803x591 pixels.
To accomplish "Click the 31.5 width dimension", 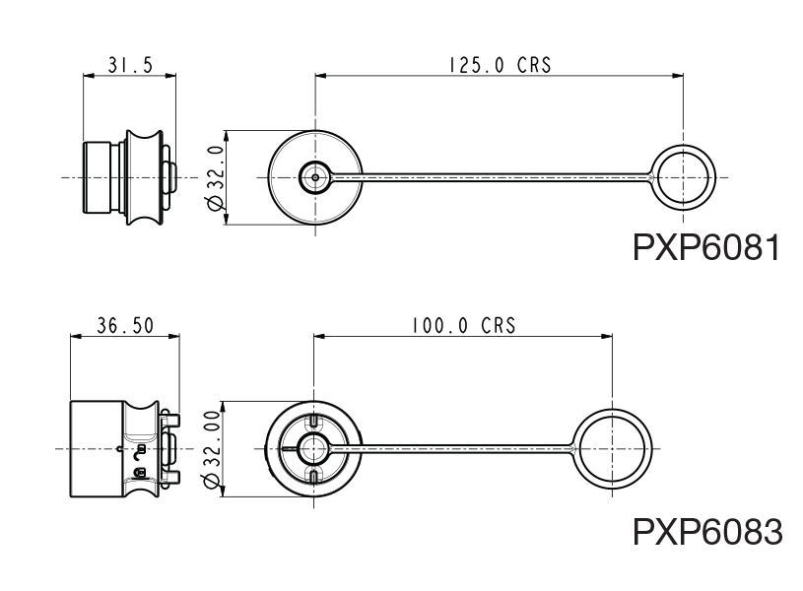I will [x=130, y=65].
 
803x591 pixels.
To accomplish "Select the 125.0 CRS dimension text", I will [x=500, y=65].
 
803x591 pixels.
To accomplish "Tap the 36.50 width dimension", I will [x=125, y=326].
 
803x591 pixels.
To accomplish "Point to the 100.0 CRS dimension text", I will [x=462, y=326].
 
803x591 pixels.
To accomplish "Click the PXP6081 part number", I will [x=706, y=246].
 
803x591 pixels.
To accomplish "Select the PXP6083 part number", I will [x=706, y=532].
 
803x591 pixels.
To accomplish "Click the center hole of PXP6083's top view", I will [x=315, y=449].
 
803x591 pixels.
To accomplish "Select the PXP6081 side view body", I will [x=128, y=178].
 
